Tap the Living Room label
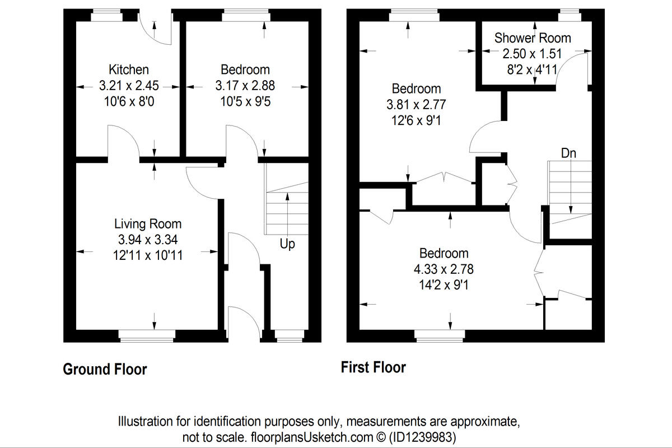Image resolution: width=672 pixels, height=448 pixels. click(x=148, y=224)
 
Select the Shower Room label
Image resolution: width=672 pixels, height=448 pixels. click(x=533, y=38)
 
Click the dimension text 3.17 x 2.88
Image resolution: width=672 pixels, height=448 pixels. click(x=245, y=86)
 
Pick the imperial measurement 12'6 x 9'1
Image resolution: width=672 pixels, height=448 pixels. click(x=413, y=120)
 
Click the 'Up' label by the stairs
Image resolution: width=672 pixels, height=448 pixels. click(x=287, y=244)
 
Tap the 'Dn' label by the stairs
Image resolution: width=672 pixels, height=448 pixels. click(x=568, y=153)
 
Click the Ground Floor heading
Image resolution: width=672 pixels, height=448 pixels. click(x=105, y=370)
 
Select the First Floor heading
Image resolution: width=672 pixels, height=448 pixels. click(x=374, y=367)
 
